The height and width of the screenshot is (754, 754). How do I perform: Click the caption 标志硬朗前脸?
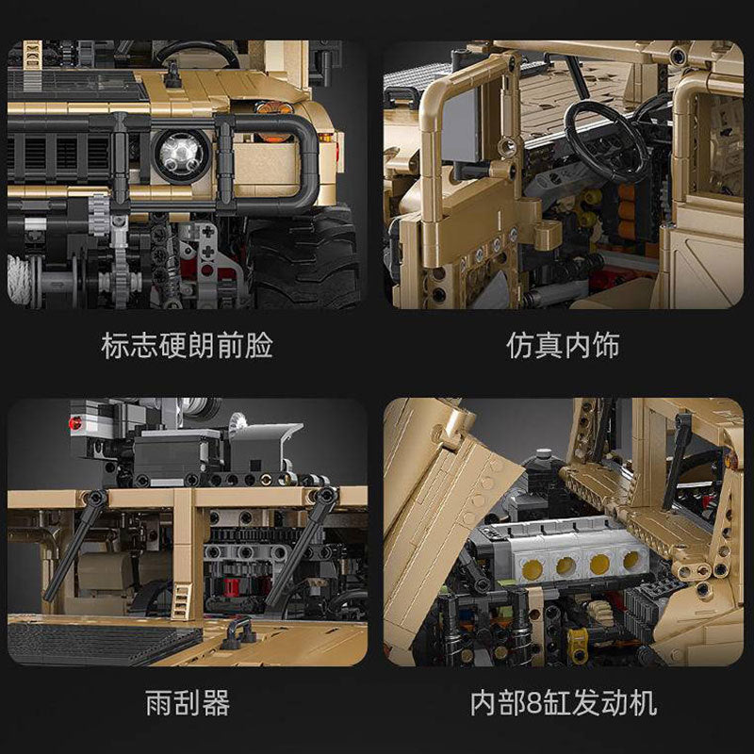187,346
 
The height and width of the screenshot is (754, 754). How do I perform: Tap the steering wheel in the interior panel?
603,141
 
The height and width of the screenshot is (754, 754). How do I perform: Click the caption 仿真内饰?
563,346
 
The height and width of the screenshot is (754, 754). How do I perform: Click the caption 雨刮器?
188,702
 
